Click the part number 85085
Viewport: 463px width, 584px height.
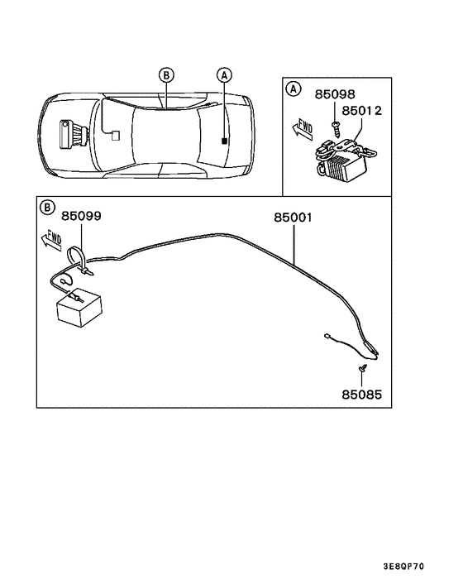point(362,395)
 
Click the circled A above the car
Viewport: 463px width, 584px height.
point(223,74)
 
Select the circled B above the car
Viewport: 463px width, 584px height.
point(166,74)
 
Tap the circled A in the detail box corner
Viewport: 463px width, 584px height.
point(292,89)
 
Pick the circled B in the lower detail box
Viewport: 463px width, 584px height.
point(48,208)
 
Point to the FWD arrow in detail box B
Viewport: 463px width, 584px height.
point(50,241)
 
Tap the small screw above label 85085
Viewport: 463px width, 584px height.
point(362,366)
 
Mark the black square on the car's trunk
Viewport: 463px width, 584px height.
point(224,142)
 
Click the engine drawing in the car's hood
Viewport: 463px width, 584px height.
point(72,134)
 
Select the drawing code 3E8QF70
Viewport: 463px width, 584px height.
point(404,567)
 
